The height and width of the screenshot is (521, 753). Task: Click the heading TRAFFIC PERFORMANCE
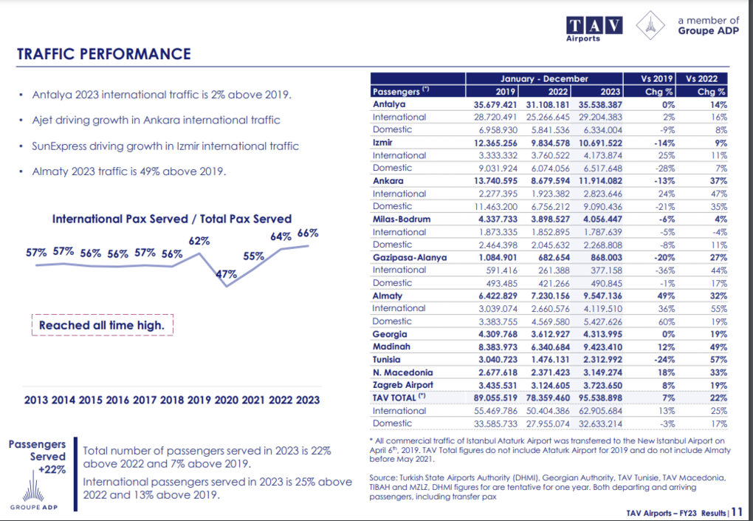[104, 54]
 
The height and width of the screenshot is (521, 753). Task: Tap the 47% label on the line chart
[226, 274]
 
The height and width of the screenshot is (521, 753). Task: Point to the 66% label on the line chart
[308, 233]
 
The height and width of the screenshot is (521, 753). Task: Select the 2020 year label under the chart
[226, 400]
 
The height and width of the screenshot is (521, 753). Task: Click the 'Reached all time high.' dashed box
[103, 325]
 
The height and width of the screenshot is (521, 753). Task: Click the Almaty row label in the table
[387, 296]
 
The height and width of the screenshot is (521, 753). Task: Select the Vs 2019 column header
[649, 78]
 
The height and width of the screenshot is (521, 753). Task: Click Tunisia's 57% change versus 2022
[718, 359]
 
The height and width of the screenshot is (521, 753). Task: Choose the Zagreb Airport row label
[402, 385]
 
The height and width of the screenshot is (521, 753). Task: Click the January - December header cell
[544, 78]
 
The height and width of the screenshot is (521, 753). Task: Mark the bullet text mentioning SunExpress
[165, 146]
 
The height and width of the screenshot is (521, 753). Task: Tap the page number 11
[737, 512]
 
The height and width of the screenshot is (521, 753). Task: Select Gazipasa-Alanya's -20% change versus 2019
[664, 258]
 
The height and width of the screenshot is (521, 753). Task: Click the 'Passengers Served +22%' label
[38, 457]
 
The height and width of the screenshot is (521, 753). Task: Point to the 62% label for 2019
[199, 241]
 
